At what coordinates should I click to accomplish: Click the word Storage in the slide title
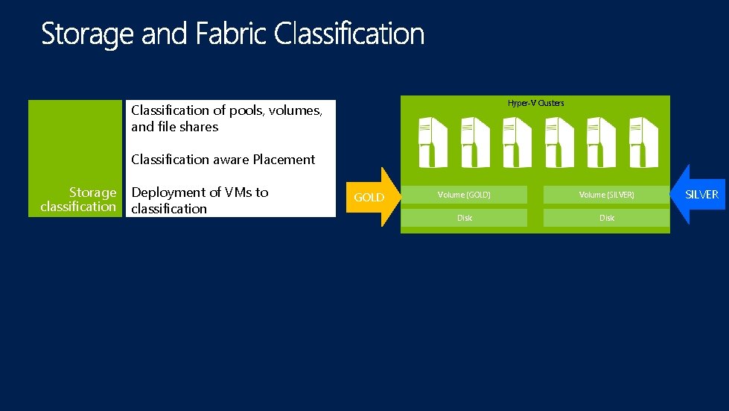(89, 35)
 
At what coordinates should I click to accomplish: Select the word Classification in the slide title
(350, 35)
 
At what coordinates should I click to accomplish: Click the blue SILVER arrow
(698, 195)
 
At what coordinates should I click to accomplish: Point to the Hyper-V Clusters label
(535, 103)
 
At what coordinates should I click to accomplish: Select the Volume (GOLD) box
(464, 195)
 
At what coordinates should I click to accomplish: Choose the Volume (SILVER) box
(606, 195)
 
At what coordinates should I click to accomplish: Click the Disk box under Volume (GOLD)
(464, 218)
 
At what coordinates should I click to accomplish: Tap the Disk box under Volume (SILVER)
(606, 218)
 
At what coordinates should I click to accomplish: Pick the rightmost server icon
(641, 142)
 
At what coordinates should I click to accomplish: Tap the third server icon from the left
(516, 142)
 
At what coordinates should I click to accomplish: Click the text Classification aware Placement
(223, 160)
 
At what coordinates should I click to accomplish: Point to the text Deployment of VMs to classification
(199, 200)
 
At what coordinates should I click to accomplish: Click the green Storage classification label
(79, 199)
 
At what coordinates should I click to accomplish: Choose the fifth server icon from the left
(599, 142)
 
